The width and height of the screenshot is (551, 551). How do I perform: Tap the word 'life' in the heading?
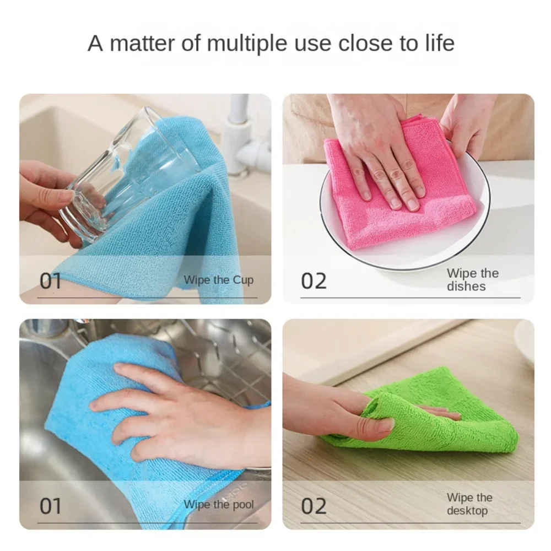[x=439, y=43]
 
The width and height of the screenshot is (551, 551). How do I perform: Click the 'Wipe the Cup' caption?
[x=219, y=280]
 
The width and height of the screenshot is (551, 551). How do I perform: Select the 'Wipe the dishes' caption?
[x=472, y=279]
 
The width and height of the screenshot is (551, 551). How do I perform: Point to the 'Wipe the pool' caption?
[x=219, y=504]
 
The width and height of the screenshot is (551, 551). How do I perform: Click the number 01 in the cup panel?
[x=51, y=280]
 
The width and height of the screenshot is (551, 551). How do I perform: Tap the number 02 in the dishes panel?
[x=314, y=280]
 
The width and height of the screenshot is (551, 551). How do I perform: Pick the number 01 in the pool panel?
[x=51, y=505]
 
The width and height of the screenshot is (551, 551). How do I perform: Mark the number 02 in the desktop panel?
[x=314, y=505]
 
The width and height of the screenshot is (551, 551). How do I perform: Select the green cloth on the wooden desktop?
[x=468, y=419]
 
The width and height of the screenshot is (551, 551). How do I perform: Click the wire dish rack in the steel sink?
[x=220, y=353]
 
